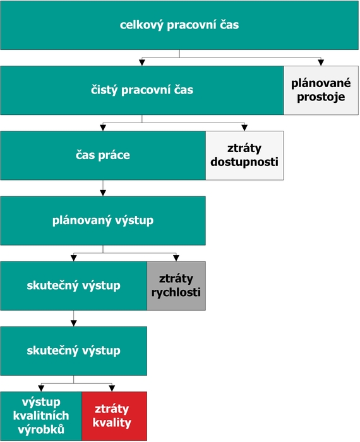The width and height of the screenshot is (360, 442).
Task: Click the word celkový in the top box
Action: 141,25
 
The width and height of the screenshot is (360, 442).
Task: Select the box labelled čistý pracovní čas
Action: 142,90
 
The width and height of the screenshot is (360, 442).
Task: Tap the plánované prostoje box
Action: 321,90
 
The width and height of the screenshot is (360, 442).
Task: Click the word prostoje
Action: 321,97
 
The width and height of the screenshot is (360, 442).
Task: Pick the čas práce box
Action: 103,155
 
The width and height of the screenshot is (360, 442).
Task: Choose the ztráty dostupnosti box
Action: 244,155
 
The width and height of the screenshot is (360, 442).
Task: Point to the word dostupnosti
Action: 244,162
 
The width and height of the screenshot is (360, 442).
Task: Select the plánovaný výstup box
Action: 103,221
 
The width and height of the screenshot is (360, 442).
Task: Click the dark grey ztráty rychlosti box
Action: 176,286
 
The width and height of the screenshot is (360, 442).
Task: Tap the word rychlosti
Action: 176,292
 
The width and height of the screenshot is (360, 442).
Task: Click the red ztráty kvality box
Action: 114,416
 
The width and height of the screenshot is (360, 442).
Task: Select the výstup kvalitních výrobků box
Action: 41,416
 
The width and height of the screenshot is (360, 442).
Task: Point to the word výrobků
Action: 41,429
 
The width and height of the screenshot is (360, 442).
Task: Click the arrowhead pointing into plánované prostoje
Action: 321,63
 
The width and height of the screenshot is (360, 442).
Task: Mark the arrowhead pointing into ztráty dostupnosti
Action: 244,128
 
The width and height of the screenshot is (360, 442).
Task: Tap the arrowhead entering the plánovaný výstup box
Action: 103,193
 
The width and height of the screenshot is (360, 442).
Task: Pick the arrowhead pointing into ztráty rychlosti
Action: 176,258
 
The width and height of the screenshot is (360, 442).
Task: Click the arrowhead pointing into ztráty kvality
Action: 112,388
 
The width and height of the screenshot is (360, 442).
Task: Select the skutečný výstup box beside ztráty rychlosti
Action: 73,286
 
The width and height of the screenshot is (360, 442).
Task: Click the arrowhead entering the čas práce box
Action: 103,128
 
